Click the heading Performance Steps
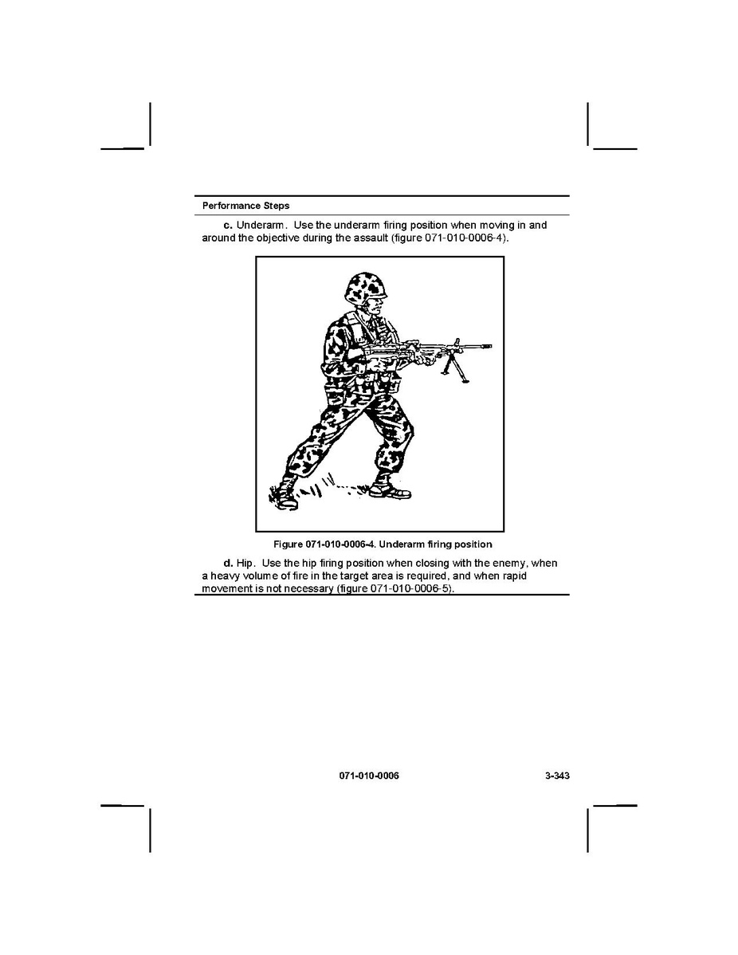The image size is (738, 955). (246, 206)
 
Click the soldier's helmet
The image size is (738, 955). (365, 288)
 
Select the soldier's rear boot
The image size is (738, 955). (283, 493)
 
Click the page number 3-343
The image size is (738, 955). (557, 776)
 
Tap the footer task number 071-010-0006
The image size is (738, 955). (369, 776)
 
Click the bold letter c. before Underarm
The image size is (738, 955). (229, 226)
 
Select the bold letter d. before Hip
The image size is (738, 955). (229, 564)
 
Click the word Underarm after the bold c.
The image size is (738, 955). (260, 226)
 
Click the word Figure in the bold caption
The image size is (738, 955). (288, 544)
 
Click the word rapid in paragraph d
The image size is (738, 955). (515, 576)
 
